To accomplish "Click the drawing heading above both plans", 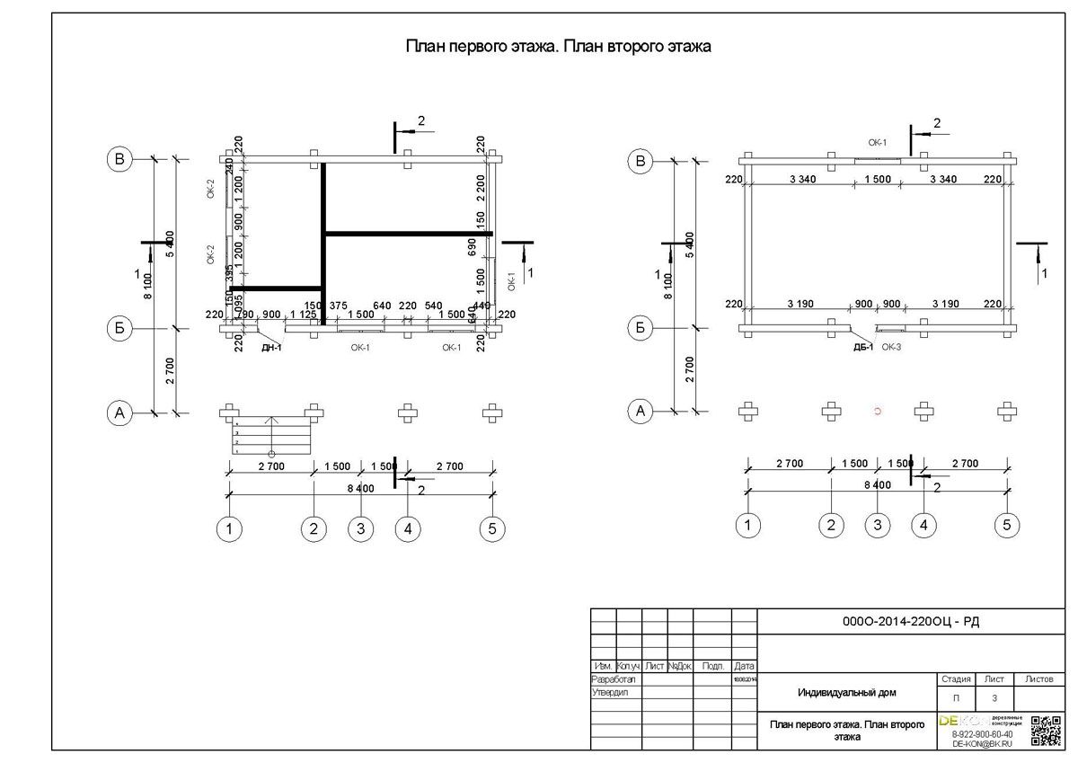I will (559, 47).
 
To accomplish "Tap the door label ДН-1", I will (271, 348).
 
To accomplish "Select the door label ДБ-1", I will (862, 347).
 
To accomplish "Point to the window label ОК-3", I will (891, 347).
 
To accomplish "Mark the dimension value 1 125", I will (303, 315).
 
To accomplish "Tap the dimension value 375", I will (338, 306).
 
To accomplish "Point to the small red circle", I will (878, 411).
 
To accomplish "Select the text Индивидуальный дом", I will (846, 693).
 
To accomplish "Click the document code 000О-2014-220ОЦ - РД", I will (910, 621).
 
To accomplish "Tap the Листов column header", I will (1038, 679).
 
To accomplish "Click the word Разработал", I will (614, 680).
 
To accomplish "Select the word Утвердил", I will (611, 693).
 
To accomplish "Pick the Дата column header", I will (744, 666).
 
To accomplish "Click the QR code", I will (1047, 731).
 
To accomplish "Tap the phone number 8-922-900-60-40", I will (981, 734).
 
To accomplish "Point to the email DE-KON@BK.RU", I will (981, 744).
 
